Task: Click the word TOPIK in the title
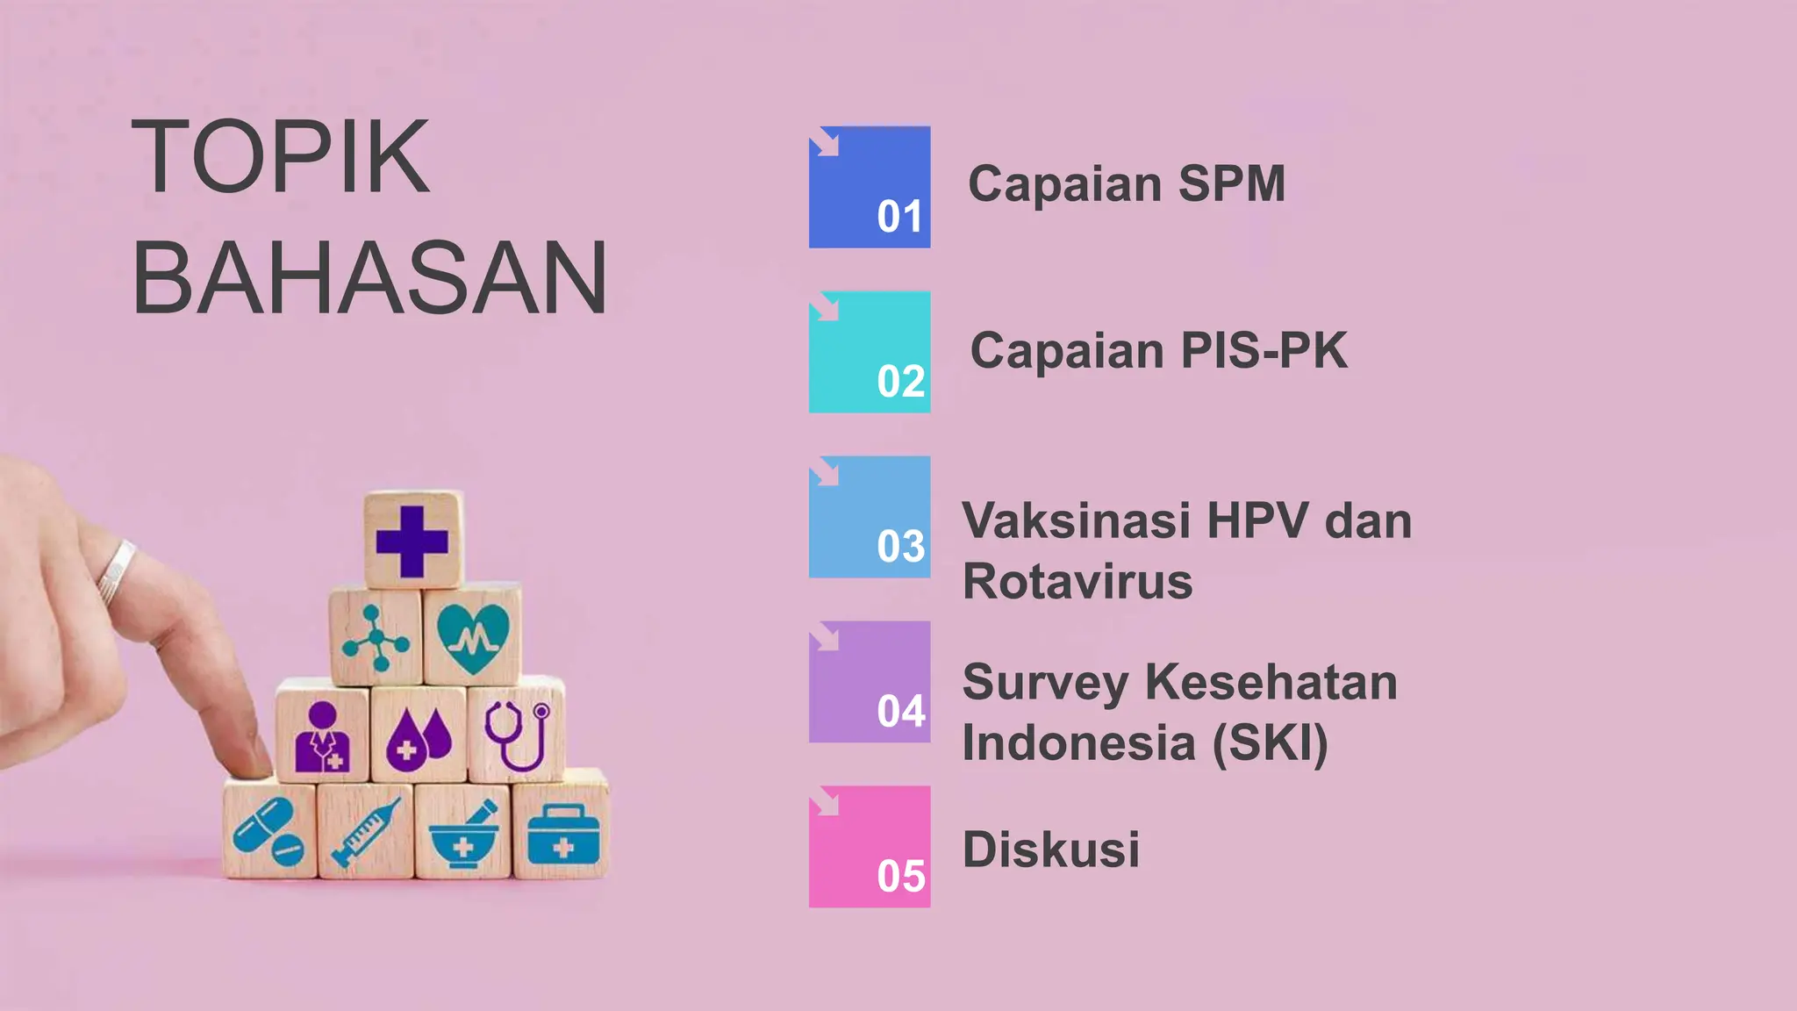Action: point(280,157)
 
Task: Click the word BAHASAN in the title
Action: point(369,278)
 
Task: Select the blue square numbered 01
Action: point(870,187)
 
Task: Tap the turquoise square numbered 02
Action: point(870,352)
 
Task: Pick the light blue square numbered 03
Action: point(870,517)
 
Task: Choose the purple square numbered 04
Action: point(870,682)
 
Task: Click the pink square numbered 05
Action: point(870,847)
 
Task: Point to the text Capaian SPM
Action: point(1126,184)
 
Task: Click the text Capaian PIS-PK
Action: point(1158,351)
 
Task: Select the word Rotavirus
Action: point(1077,582)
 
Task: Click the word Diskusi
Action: point(1051,850)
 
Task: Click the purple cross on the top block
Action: point(412,541)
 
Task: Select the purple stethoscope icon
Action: point(517,734)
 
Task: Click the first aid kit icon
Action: point(562,835)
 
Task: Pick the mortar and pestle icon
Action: point(463,834)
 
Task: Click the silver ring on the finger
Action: point(116,572)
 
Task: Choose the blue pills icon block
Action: point(268,832)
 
